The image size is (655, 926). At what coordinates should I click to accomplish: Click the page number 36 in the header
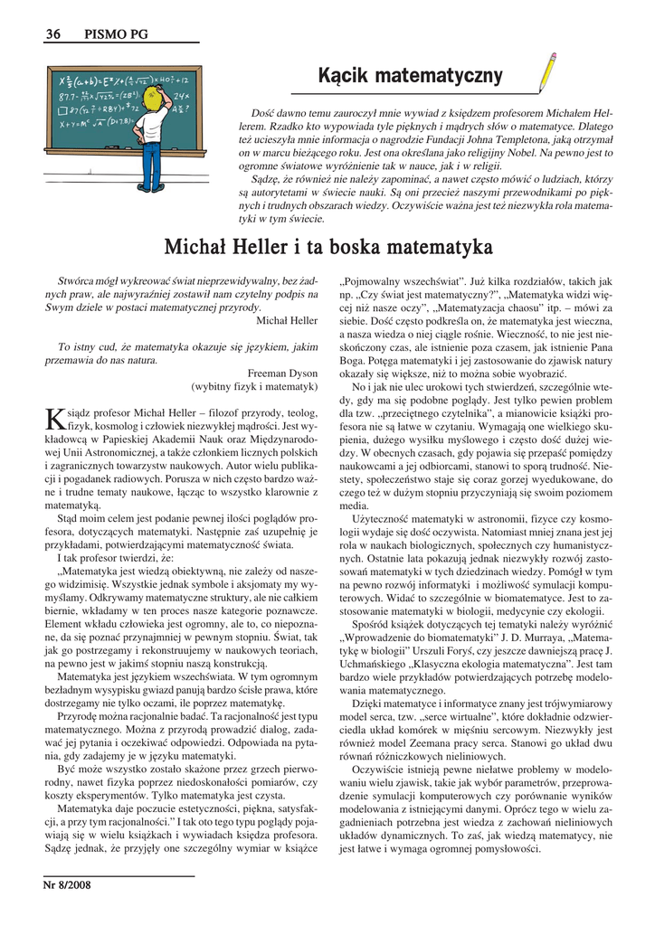click(52, 34)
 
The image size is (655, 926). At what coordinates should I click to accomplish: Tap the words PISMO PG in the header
click(117, 34)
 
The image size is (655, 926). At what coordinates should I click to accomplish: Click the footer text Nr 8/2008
click(66, 885)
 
